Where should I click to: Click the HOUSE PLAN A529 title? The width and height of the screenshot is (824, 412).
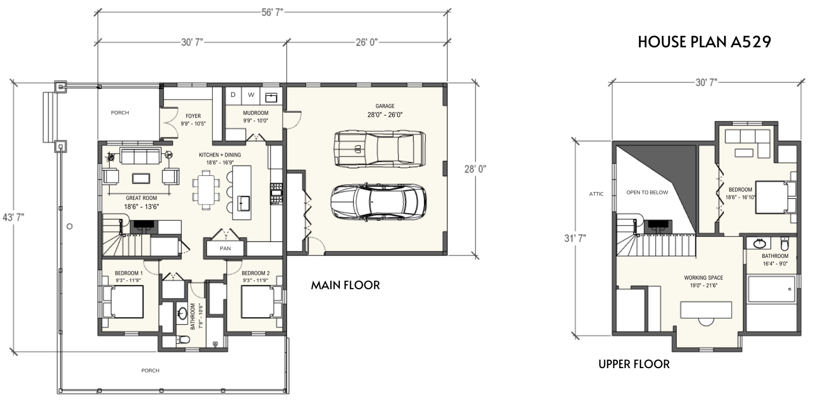tap(705, 42)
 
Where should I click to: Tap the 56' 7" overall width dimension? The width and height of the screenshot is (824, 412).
tap(272, 12)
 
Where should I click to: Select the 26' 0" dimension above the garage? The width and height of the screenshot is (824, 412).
tap(367, 42)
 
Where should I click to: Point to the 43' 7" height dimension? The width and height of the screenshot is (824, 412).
tap(13, 217)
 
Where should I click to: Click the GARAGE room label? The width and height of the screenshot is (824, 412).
tap(385, 106)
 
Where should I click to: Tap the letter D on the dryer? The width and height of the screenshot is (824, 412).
tap(233, 95)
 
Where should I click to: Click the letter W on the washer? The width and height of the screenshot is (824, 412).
tap(251, 95)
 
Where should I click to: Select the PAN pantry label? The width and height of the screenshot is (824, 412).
tap(225, 248)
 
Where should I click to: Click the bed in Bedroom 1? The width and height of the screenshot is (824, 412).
tap(123, 302)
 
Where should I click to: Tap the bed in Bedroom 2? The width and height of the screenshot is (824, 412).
tap(262, 302)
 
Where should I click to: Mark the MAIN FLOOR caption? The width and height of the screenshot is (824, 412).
tap(345, 285)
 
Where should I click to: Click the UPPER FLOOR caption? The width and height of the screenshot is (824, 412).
tap(634, 364)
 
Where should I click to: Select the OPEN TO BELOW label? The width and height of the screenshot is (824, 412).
tap(647, 192)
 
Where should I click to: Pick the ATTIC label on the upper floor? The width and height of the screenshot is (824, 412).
tap(596, 194)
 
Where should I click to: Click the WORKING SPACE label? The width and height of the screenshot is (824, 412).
tap(704, 278)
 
